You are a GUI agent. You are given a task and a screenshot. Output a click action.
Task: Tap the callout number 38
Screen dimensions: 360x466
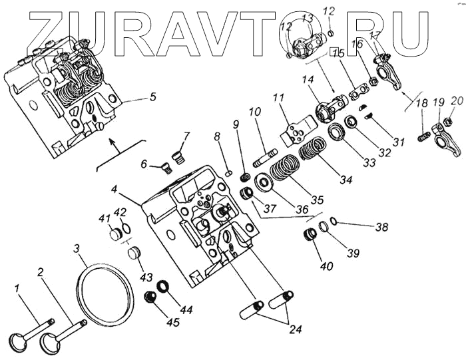381,228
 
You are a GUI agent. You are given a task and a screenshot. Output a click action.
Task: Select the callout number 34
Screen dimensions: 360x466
344,179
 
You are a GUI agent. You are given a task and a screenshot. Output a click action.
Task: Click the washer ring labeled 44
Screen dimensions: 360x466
162,287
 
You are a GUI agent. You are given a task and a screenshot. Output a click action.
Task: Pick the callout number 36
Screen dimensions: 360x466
302,208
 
